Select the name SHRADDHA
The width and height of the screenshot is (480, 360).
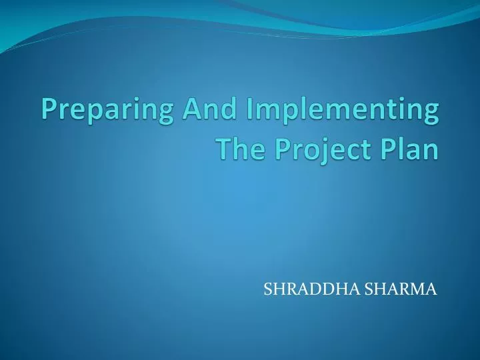pyautogui.click(x=304, y=289)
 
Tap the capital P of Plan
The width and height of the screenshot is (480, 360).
pyautogui.click(x=387, y=149)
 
